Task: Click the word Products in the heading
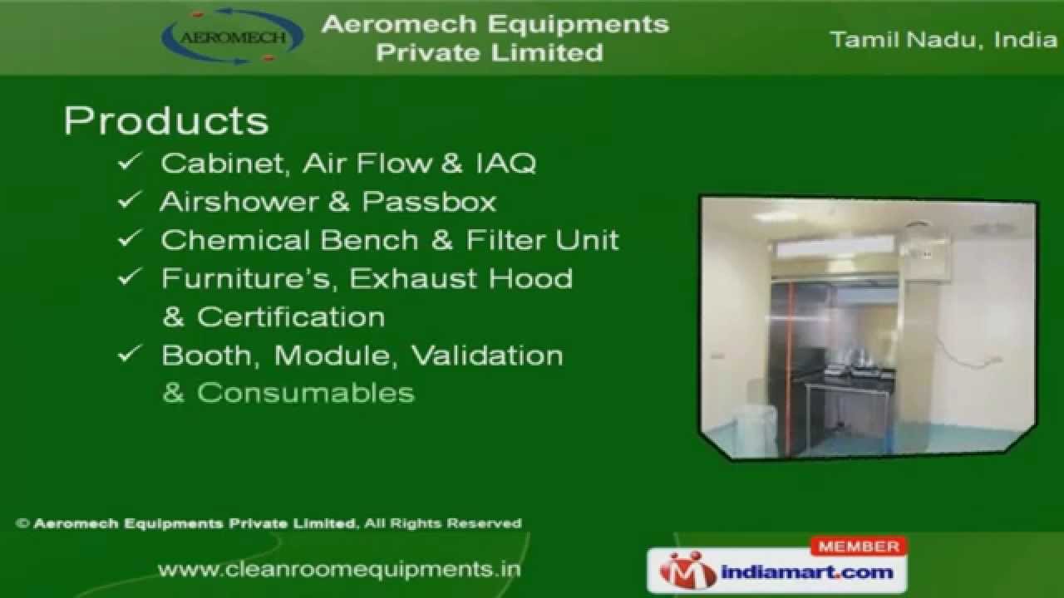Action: (166, 121)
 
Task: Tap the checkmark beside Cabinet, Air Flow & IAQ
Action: (129, 163)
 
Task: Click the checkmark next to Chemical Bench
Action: (129, 240)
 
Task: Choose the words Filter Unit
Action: (542, 240)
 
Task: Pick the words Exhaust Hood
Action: (461, 278)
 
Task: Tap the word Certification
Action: (290, 316)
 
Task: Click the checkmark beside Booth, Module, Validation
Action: (129, 355)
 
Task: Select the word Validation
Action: (487, 355)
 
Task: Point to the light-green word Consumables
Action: (305, 393)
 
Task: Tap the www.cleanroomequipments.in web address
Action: (339, 569)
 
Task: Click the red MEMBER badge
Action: (859, 547)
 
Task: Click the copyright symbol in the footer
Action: (23, 523)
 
